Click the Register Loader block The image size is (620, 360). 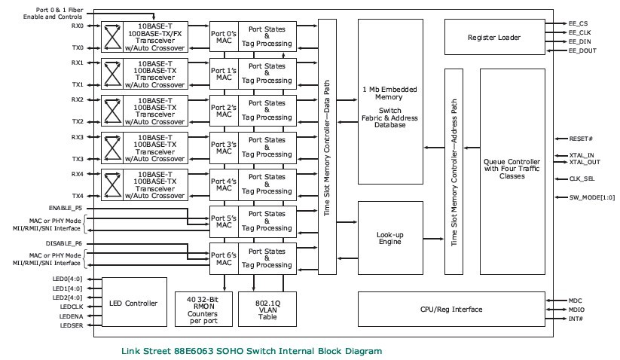click(x=493, y=36)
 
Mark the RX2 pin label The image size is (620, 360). click(x=78, y=99)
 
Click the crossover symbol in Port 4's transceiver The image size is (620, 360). click(x=112, y=183)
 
